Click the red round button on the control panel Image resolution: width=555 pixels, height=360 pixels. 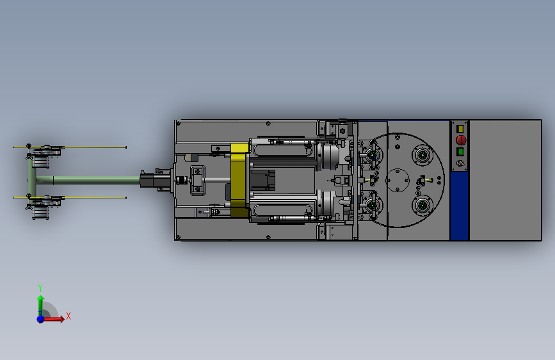click(x=460, y=140)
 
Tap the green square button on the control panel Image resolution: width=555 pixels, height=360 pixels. click(x=460, y=152)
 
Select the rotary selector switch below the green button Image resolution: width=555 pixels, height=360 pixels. click(x=460, y=163)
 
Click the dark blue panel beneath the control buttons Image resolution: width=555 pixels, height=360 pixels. click(x=460, y=206)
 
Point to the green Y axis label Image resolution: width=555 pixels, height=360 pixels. click(x=40, y=288)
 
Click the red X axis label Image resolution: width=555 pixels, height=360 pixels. click(x=68, y=316)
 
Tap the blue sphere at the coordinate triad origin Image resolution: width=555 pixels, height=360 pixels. click(x=41, y=319)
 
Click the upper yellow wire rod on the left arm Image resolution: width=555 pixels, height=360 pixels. click(x=70, y=147)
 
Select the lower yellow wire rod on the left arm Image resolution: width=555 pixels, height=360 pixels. click(x=70, y=197)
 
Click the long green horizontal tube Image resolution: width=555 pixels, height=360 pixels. click(x=88, y=181)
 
